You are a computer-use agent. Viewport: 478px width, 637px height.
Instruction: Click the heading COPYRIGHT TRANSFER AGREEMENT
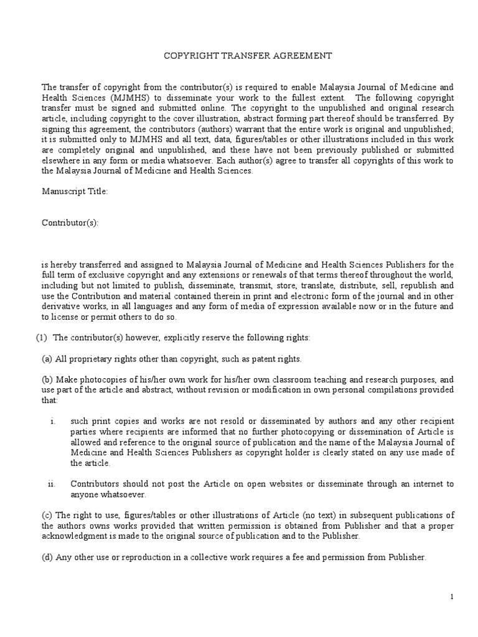click(248, 56)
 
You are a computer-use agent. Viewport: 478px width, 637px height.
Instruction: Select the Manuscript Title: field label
click(75, 192)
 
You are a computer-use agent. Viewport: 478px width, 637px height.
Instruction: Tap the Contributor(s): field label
click(70, 223)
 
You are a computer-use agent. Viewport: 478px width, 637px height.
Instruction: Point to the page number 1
click(452, 597)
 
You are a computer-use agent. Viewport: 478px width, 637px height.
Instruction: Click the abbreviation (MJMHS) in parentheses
click(128, 98)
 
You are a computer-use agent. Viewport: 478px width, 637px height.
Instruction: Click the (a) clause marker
click(47, 359)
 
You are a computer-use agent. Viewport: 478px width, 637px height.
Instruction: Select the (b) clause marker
click(47, 379)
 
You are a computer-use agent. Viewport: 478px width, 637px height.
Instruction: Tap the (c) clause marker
click(47, 514)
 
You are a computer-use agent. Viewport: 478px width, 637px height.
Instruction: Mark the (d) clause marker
click(47, 557)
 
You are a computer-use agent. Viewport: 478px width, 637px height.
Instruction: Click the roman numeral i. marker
click(53, 421)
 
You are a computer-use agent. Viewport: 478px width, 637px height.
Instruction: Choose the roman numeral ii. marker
click(52, 484)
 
